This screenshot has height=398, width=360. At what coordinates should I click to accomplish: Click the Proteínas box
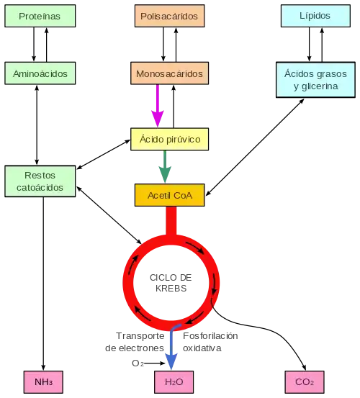(40, 16)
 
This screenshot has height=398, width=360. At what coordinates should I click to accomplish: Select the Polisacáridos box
(170, 16)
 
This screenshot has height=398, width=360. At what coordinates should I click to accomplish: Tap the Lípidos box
(315, 16)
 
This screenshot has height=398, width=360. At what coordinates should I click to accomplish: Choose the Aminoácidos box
(40, 73)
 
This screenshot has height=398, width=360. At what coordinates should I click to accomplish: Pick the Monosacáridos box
(170, 73)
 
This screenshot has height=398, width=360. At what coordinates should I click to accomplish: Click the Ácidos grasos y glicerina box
(315, 80)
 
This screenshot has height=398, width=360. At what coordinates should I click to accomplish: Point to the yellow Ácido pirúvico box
(170, 139)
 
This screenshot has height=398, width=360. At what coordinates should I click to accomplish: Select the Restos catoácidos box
(40, 181)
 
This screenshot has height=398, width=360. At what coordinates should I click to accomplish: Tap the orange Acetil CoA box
(170, 195)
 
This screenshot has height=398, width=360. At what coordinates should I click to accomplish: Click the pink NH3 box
(43, 382)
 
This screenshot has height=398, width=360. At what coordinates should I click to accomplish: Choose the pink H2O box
(174, 382)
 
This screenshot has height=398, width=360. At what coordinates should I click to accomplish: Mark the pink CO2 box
(305, 382)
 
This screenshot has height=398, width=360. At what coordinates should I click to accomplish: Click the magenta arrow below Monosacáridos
(158, 106)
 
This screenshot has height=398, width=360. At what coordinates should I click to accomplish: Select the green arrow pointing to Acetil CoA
(165, 166)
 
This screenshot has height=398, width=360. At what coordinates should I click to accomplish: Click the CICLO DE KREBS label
(171, 283)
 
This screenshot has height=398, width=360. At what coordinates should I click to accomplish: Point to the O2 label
(138, 363)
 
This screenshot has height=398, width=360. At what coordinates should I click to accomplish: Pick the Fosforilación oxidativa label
(210, 342)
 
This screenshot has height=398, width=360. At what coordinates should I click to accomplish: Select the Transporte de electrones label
(135, 342)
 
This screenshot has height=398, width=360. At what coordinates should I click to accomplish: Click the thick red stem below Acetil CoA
(171, 221)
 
